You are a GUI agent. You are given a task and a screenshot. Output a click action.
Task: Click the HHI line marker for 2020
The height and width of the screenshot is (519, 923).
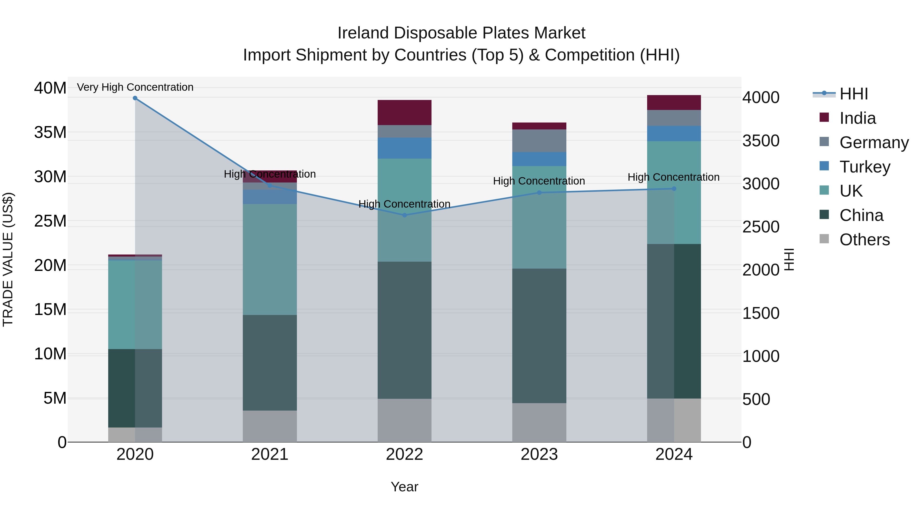click(135, 98)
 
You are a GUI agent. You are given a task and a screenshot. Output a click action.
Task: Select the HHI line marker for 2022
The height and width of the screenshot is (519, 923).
click(405, 215)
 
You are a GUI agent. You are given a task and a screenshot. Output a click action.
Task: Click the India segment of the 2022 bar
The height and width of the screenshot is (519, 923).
click(405, 113)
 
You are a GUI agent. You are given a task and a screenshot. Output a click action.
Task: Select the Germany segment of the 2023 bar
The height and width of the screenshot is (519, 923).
click(539, 141)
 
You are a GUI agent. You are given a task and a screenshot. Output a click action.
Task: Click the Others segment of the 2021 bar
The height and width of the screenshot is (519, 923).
click(270, 426)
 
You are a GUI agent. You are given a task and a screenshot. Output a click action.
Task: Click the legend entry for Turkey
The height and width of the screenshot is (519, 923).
click(865, 167)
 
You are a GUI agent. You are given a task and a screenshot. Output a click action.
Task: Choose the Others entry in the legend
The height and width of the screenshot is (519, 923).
click(864, 240)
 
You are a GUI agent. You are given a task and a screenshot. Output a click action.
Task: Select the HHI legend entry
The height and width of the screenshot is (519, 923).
click(854, 94)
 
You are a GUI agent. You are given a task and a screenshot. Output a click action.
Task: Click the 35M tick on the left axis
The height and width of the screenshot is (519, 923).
click(50, 133)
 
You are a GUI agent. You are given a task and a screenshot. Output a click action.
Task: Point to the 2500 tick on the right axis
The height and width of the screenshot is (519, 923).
click(761, 227)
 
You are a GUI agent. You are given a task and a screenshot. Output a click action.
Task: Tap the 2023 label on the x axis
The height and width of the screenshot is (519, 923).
click(539, 454)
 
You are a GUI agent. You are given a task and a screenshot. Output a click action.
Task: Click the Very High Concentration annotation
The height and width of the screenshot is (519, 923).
click(135, 87)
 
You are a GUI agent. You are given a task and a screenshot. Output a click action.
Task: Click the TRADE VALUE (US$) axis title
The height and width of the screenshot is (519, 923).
click(8, 259)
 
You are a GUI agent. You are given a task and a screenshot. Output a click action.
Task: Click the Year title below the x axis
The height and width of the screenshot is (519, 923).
click(405, 487)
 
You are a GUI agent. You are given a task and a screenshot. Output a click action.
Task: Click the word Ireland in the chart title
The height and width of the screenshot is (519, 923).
click(363, 33)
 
